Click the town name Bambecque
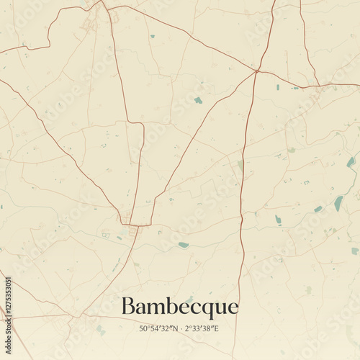coord(179,307)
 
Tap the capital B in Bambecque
coord(128,306)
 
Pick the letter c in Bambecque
coord(194,308)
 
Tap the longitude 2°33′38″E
coord(202,329)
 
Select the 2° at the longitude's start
coord(188,329)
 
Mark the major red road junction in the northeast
coord(257,71)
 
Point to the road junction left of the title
coord(74,316)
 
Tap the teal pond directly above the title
coord(184,245)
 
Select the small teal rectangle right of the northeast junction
coord(277,87)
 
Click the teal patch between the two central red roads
coord(198,100)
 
